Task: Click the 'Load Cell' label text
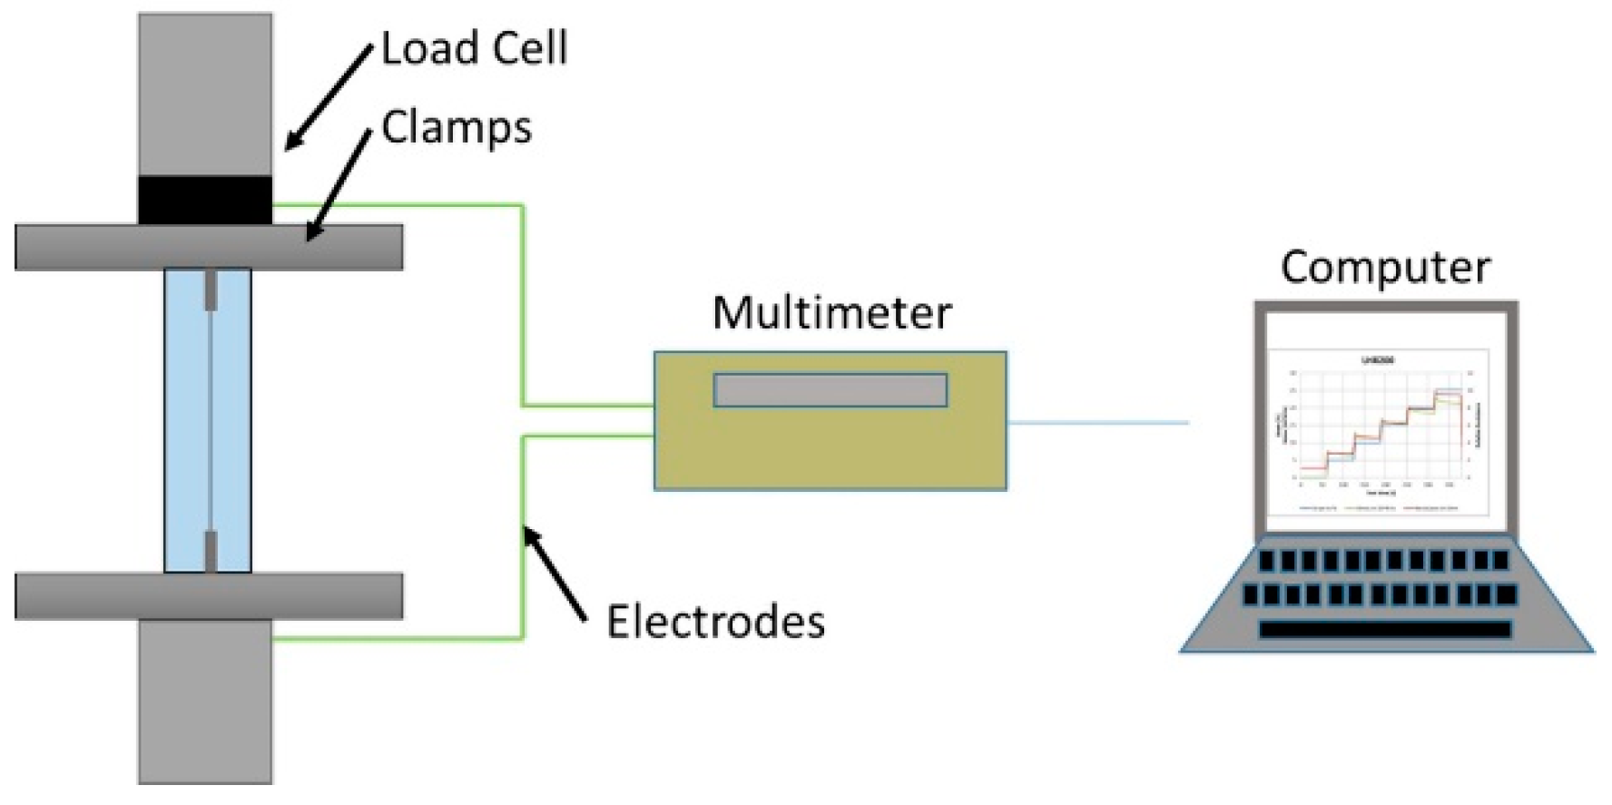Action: point(474,48)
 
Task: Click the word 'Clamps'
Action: point(457,127)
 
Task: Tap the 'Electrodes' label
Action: point(715,623)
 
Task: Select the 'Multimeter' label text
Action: point(831,313)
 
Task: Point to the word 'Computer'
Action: point(1385,268)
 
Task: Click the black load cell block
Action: point(205,201)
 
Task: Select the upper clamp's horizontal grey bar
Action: point(209,248)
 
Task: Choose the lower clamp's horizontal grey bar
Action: point(209,596)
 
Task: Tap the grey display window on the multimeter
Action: point(831,390)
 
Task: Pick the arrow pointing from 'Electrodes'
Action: point(555,575)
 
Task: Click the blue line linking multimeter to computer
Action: point(1097,422)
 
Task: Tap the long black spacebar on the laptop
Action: point(1385,629)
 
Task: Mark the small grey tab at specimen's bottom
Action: point(211,552)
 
